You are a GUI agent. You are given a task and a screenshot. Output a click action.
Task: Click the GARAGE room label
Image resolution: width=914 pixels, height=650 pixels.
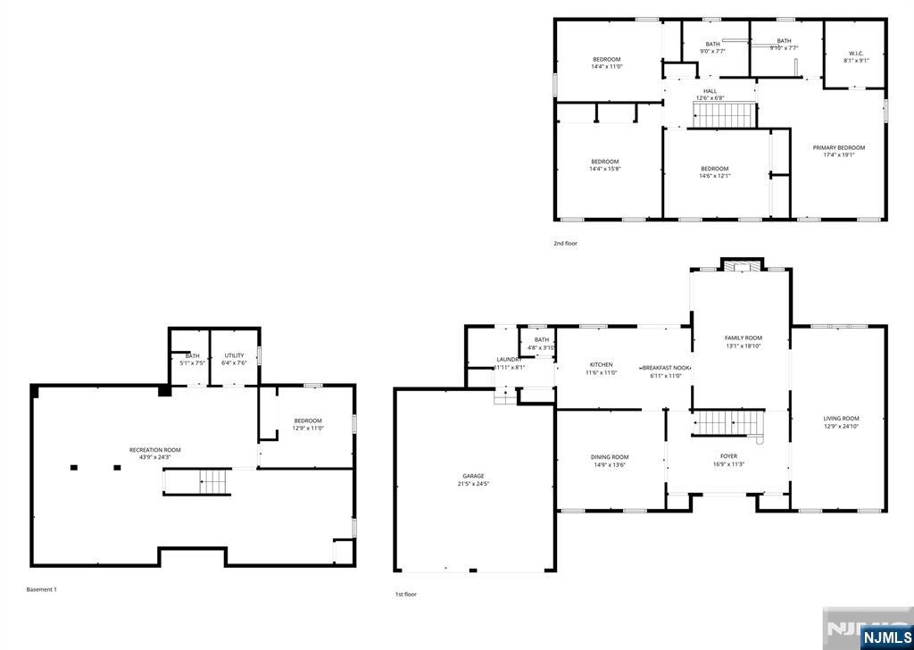[474, 476]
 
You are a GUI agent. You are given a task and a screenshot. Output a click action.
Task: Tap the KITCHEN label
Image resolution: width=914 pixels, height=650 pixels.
[601, 364]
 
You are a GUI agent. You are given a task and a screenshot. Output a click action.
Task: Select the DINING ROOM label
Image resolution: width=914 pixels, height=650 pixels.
[611, 457]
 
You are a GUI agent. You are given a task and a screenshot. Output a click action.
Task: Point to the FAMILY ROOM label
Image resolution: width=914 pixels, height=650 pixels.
[743, 337]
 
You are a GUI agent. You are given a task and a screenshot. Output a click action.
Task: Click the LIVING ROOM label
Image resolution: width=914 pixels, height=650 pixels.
[841, 418]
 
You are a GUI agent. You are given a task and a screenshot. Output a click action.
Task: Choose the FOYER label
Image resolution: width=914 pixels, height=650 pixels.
[728, 456]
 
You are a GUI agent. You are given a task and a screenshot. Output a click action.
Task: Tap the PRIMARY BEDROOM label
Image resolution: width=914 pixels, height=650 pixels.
[838, 147]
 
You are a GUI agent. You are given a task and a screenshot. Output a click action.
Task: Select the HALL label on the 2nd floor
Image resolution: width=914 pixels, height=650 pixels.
[710, 90]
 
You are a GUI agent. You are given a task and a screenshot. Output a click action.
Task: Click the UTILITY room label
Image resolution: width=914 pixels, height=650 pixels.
[234, 355]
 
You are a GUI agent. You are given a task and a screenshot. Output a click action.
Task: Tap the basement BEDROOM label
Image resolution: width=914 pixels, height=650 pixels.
[307, 421]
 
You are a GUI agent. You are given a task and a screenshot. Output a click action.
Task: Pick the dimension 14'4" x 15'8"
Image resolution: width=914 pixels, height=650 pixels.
[604, 169]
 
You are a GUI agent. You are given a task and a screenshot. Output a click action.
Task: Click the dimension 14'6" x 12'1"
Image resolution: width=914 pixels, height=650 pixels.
[714, 176]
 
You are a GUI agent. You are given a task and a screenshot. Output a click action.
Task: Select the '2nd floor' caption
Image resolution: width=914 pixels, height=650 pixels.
[565, 243]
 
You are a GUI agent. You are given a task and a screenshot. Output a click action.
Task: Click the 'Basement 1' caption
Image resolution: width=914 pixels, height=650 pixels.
[41, 589]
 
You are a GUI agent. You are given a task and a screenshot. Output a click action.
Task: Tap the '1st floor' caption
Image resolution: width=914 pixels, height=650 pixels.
[405, 594]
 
